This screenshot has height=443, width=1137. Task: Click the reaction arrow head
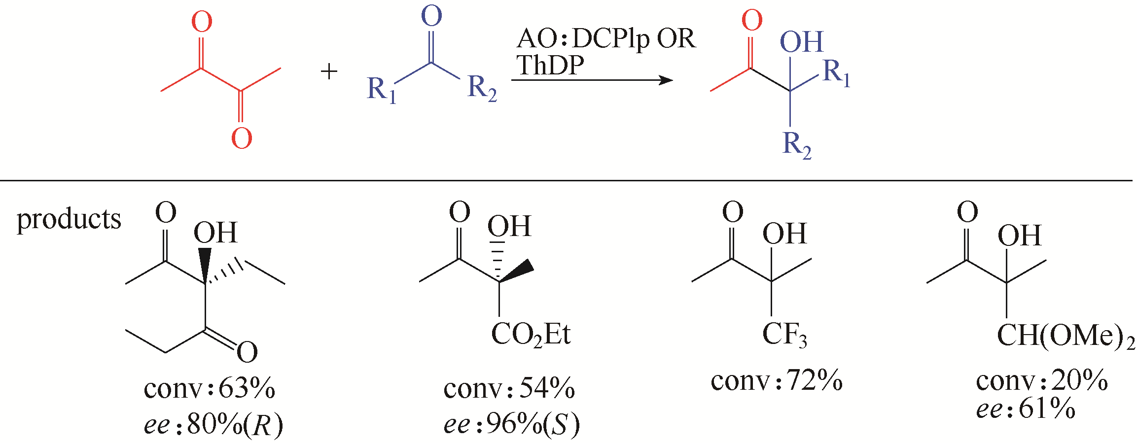tap(666, 80)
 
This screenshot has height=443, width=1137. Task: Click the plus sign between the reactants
tap(329, 72)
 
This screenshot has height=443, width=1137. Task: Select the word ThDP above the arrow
tap(550, 65)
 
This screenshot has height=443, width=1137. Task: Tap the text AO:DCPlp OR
tap(606, 38)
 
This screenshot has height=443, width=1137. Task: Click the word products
tap(69, 219)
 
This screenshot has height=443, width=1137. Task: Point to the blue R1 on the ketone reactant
tap(382, 90)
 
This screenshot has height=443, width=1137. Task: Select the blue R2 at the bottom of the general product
tap(797, 145)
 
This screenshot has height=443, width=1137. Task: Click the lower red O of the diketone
tap(242, 138)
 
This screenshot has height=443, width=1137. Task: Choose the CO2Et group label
tap(531, 335)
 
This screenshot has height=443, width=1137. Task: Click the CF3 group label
tap(784, 335)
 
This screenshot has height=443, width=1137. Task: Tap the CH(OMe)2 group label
tap(1066, 337)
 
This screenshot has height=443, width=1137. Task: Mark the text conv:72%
tap(777, 380)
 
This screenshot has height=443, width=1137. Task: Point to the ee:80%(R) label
tap(213, 424)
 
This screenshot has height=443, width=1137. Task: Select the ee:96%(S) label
tap(511, 424)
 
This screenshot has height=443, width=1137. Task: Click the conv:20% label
tap(1042, 380)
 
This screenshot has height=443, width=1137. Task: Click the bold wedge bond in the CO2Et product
tap(516, 273)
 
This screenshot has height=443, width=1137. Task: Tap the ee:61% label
tap(1026, 409)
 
